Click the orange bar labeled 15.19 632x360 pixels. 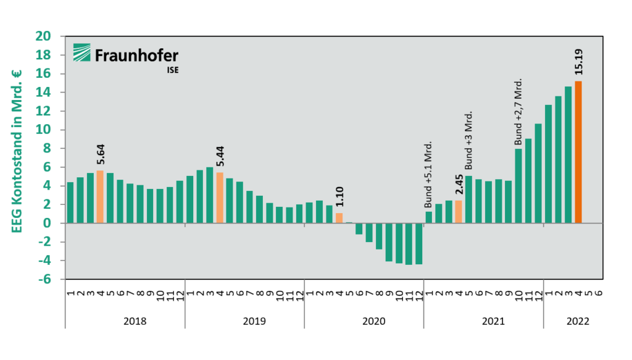pyautogui.click(x=578, y=152)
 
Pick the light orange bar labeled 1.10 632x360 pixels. pyautogui.click(x=339, y=218)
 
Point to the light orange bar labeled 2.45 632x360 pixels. pyautogui.click(x=458, y=212)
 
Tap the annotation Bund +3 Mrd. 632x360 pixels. pyautogui.click(x=468, y=141)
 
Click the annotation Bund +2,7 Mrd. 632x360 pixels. pyautogui.click(x=518, y=112)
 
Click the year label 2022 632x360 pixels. pyautogui.click(x=578, y=322)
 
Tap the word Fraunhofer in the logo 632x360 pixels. pyautogui.click(x=136, y=56)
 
